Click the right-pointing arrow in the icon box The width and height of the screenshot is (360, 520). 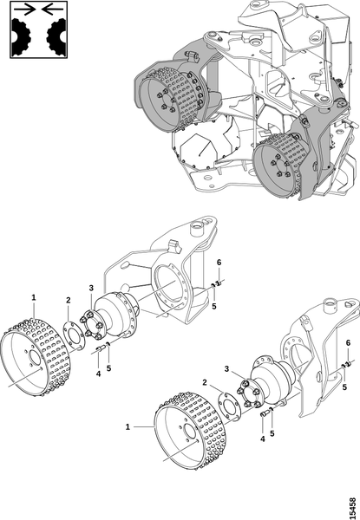click(24, 10)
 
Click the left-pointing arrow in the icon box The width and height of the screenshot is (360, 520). click(52, 10)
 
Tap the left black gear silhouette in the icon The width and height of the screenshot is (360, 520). click(21, 36)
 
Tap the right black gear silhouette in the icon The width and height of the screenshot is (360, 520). click(56, 36)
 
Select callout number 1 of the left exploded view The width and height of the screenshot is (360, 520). click(34, 297)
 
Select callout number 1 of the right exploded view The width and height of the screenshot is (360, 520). click(128, 426)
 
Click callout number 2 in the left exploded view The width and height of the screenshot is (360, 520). click(68, 301)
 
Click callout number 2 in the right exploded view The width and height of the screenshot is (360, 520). click(205, 382)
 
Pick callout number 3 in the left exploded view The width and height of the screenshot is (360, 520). click(91, 288)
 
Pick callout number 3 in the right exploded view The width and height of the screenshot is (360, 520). click(226, 369)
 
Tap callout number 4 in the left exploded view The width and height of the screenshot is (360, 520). click(98, 374)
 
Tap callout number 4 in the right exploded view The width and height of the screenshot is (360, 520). click(263, 439)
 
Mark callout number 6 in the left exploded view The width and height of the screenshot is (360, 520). click(219, 263)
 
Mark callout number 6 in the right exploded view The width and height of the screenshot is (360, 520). click(348, 343)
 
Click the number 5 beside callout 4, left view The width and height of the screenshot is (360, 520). click(108, 367)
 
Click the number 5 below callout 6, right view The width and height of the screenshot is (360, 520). click(344, 387)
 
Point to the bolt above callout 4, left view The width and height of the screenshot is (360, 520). click(101, 348)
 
